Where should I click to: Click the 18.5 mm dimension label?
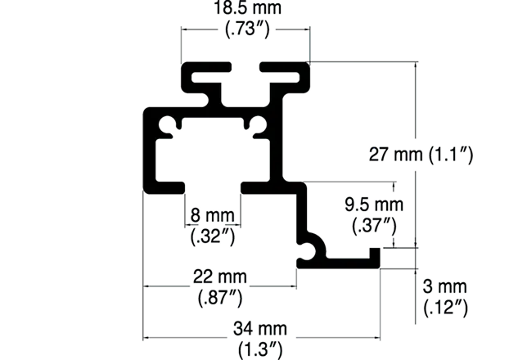coord(247,8)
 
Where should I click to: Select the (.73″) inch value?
coord(247,29)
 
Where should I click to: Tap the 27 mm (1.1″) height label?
coord(421,155)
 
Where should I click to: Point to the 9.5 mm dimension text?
coord(374,205)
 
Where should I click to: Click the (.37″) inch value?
coord(374,225)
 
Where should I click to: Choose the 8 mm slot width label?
coord(212,215)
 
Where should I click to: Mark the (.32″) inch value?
coord(213,236)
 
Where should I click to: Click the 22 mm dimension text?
coord(220,277)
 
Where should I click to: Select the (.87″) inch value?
coord(220,298)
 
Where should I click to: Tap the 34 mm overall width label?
coord(260,328)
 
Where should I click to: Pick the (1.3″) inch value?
coord(260,350)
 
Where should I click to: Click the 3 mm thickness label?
coord(444,286)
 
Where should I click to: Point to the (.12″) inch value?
coord(446,308)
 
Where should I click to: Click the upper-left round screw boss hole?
coord(166,125)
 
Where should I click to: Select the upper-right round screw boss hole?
coord(259,124)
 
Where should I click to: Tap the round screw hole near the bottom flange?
coord(308,250)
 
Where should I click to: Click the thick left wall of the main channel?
coord(149,151)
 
